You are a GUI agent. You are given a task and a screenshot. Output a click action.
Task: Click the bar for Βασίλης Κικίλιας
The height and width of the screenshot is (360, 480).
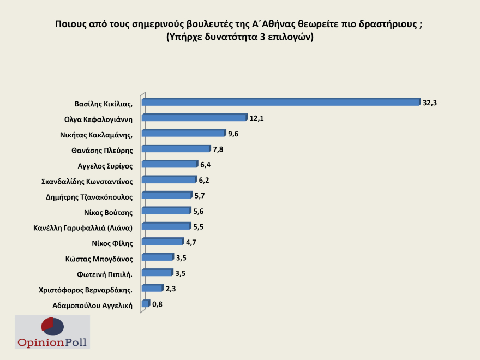click(x=281, y=101)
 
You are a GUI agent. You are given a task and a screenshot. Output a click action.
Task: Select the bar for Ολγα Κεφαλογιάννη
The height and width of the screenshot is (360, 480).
click(x=195, y=117)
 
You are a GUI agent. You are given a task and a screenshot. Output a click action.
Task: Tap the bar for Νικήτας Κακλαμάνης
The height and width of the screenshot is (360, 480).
click(x=184, y=133)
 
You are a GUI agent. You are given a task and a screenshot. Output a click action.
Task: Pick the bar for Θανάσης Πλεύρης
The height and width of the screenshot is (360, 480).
click(x=176, y=148)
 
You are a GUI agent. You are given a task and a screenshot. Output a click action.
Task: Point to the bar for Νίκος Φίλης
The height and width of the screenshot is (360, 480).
click(x=163, y=241)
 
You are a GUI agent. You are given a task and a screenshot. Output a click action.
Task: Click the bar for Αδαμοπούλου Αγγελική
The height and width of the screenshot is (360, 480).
click(x=145, y=303)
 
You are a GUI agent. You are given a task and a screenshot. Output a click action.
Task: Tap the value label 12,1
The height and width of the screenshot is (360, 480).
click(x=256, y=118)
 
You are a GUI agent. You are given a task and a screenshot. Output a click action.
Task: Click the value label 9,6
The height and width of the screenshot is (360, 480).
click(x=233, y=133)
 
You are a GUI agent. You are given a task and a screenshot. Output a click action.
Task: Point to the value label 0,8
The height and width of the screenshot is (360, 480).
click(x=157, y=304)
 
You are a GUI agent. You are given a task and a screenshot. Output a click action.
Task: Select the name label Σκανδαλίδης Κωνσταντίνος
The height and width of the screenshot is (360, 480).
click(x=87, y=180)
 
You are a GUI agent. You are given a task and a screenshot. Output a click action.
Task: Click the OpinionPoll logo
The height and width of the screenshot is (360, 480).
click(x=52, y=332)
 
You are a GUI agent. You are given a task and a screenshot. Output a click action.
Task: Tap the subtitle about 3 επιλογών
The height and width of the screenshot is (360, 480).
click(x=240, y=37)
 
